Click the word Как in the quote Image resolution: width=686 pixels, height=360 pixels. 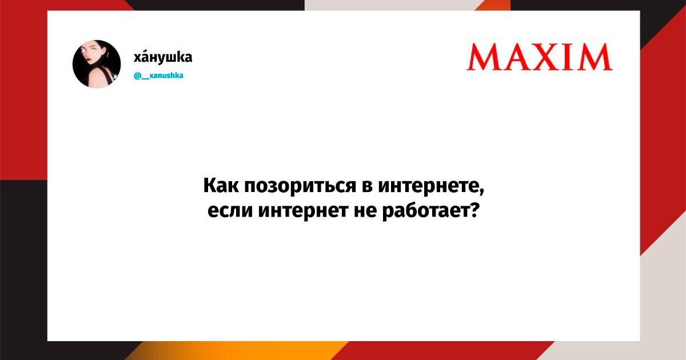click(221, 185)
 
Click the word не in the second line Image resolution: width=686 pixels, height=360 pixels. click(365, 211)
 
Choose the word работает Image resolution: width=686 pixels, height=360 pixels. click(426, 211)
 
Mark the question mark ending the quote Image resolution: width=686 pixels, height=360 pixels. click(474, 210)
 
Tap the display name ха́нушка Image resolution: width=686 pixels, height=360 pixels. click(163, 57)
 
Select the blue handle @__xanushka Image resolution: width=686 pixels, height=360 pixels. click(159, 75)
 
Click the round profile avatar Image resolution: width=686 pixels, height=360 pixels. click(97, 64)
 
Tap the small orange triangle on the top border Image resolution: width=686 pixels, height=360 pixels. click(492, 5)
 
